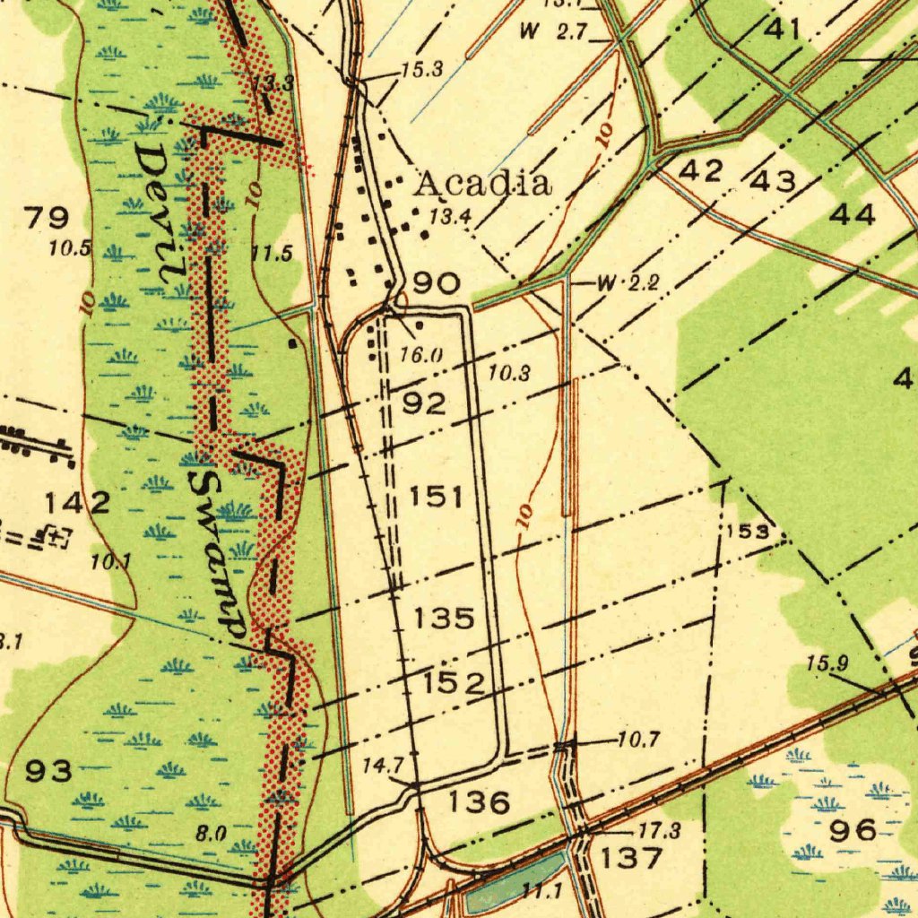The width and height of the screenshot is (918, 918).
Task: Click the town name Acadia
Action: click(x=482, y=184)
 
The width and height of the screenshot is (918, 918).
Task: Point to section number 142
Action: click(x=79, y=503)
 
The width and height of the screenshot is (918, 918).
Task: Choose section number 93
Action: click(x=48, y=770)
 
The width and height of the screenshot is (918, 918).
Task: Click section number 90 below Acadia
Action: click(x=437, y=284)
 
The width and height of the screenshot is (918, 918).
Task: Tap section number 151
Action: click(x=437, y=496)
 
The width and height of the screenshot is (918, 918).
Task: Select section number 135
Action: click(x=445, y=618)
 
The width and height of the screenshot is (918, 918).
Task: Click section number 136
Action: click(x=480, y=802)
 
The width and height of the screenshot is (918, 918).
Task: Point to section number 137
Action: click(x=631, y=858)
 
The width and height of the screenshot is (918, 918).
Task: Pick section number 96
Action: click(x=853, y=831)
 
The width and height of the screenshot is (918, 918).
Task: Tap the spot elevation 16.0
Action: click(x=421, y=355)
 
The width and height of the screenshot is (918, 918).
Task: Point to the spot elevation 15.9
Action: click(x=827, y=664)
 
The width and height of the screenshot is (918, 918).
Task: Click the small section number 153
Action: click(x=748, y=531)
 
